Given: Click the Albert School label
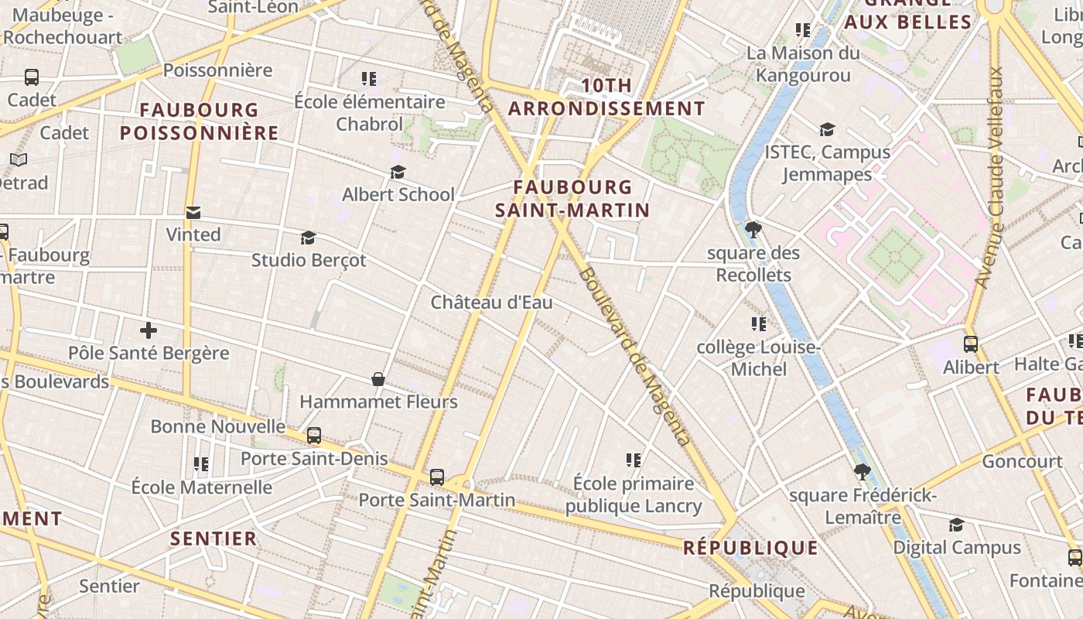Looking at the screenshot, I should point(398,194).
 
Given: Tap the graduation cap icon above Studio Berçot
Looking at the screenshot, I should point(309,238).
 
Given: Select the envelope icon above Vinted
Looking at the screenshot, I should point(193,212).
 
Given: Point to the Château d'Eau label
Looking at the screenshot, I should point(491,302).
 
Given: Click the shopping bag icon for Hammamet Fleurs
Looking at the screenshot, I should point(378,379).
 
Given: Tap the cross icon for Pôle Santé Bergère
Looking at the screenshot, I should point(149,330).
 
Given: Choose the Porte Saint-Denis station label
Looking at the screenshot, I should point(314,458).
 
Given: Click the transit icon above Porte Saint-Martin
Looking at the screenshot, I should point(437,477).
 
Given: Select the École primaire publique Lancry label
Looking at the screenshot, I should point(634,495).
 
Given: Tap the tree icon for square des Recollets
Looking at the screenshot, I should point(753,230).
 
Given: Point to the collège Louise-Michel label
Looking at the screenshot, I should point(758,358).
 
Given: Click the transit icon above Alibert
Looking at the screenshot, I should point(971,344).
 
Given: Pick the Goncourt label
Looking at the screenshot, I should point(1022,461).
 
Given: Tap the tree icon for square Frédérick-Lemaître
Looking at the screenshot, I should point(863,472).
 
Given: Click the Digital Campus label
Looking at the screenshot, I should point(957,547).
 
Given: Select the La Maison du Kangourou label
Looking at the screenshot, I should point(803,64).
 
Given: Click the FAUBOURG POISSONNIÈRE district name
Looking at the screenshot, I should point(199,121).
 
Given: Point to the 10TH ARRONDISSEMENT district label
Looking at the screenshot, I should point(606,97).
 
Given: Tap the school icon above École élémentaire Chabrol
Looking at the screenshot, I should point(369,79).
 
